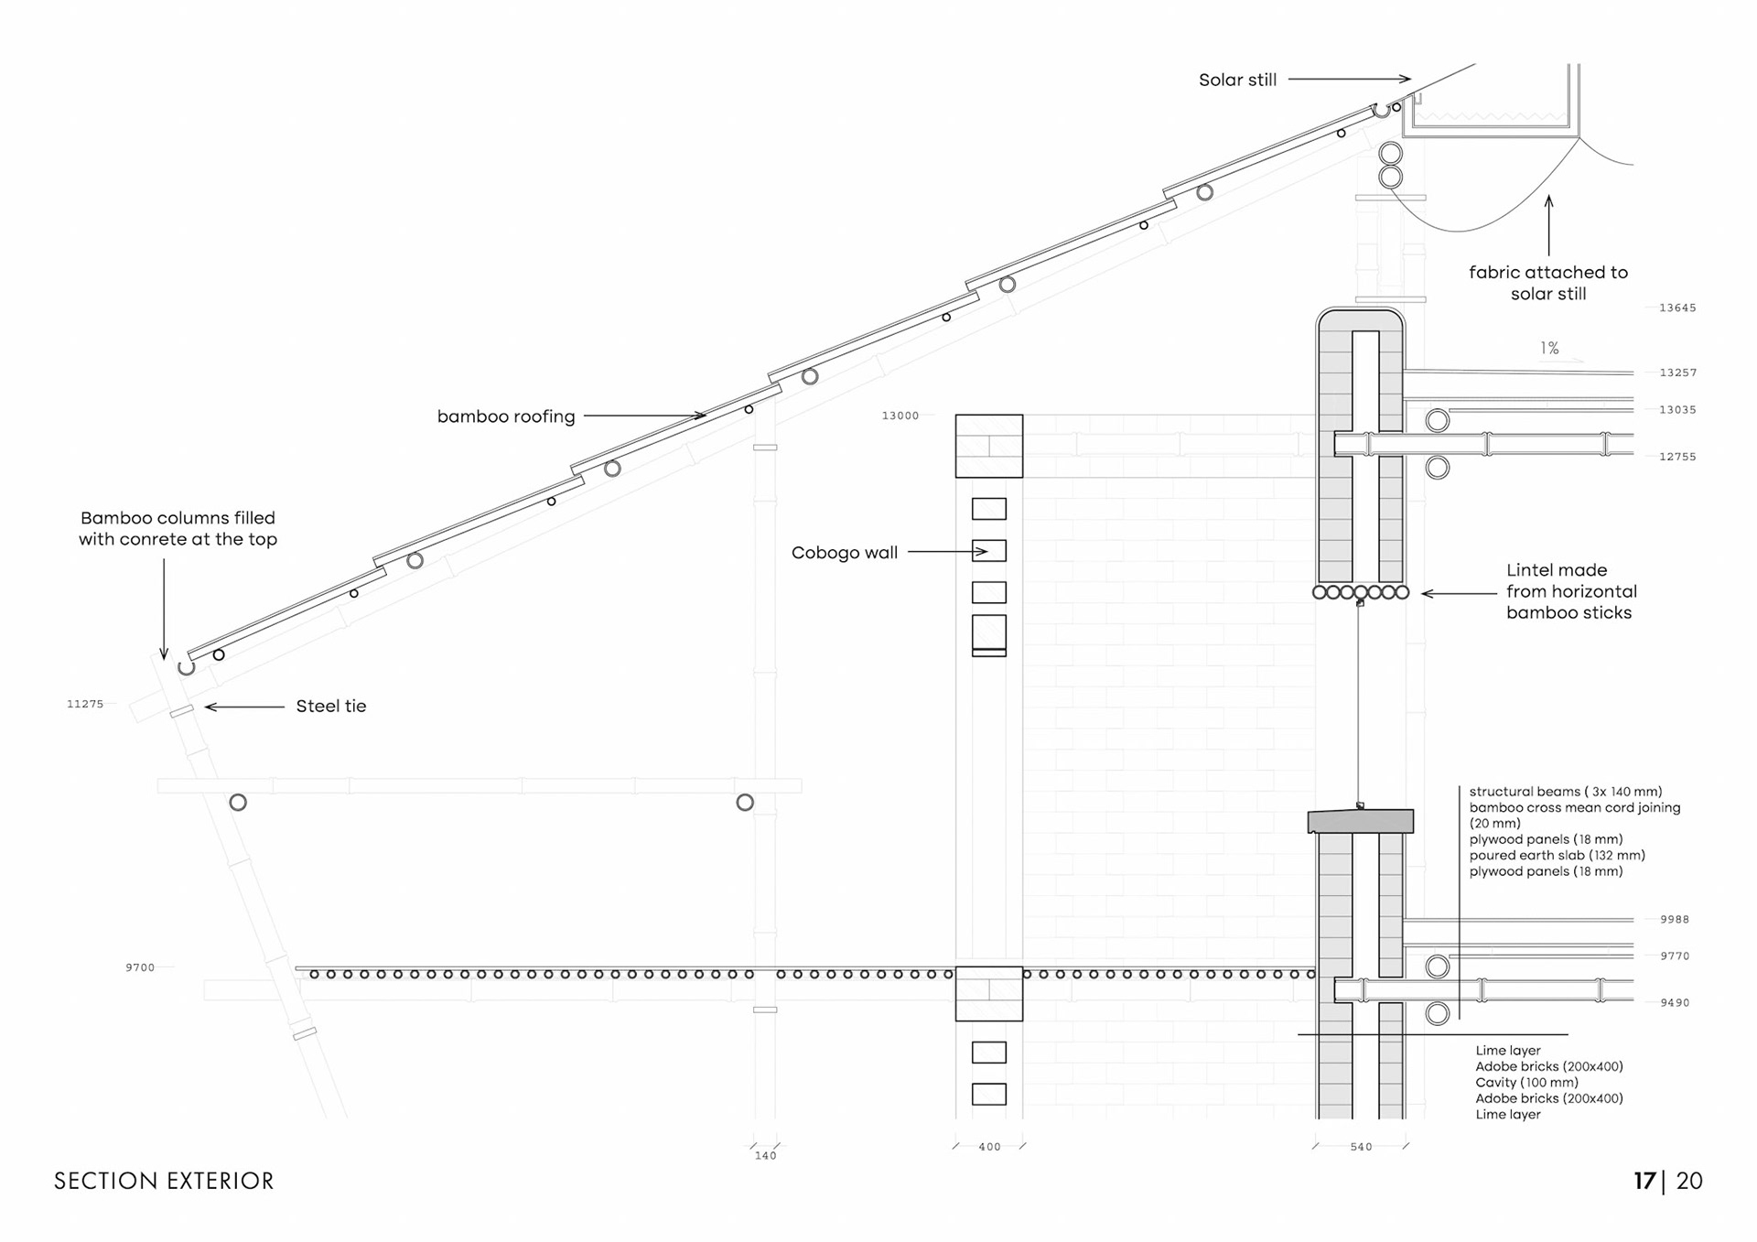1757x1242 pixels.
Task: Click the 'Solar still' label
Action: pyautogui.click(x=1237, y=81)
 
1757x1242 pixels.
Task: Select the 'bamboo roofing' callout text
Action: pyautogui.click(x=506, y=416)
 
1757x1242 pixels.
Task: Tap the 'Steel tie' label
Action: pyautogui.click(x=330, y=707)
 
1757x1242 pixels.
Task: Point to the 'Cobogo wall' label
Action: pyautogui.click(x=844, y=553)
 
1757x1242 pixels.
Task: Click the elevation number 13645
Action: pyautogui.click(x=1677, y=308)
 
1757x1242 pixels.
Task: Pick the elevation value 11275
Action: pyautogui.click(x=85, y=704)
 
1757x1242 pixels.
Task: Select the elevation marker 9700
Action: pyautogui.click(x=140, y=967)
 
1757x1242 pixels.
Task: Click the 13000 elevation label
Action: pyautogui.click(x=900, y=416)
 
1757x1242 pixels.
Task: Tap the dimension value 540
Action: pyautogui.click(x=1361, y=1147)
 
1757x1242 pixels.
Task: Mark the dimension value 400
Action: pyautogui.click(x=989, y=1147)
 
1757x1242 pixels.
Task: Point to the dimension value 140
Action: pyautogui.click(x=765, y=1156)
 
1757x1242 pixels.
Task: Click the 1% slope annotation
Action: pyautogui.click(x=1549, y=349)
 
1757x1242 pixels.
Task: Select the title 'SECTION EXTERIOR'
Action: pyautogui.click(x=164, y=1182)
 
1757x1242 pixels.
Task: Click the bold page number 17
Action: pyautogui.click(x=1644, y=1182)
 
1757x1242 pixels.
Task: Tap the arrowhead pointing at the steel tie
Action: pyautogui.click(x=210, y=707)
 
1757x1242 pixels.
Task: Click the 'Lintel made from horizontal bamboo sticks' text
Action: pyautogui.click(x=1571, y=591)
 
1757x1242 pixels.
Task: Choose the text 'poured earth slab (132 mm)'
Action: pyautogui.click(x=1557, y=856)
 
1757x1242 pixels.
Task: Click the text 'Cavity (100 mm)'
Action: pyautogui.click(x=1526, y=1083)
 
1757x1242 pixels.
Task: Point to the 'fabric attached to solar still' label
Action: pyautogui.click(x=1548, y=283)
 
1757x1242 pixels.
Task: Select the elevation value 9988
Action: pyautogui.click(x=1675, y=920)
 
